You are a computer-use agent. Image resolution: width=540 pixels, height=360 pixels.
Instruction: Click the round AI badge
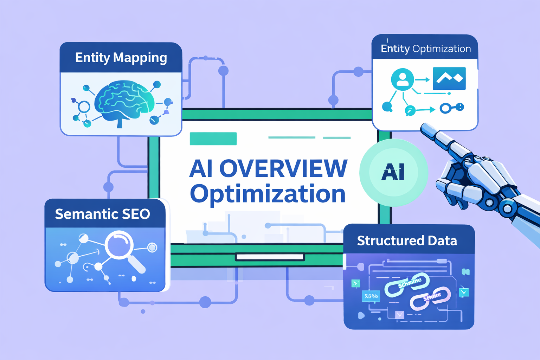393,172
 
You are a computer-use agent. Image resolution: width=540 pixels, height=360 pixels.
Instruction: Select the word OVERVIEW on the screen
283,169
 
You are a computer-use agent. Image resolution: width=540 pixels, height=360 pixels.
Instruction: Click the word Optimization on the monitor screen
268,194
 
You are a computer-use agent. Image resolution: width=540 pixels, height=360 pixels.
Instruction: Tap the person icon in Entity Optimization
402,79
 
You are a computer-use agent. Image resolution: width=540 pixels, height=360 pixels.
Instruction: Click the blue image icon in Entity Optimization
449,78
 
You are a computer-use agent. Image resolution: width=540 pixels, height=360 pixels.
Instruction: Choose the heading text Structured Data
407,241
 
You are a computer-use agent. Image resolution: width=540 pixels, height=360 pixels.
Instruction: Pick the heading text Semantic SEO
102,214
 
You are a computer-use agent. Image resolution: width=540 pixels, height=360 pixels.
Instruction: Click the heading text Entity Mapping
121,58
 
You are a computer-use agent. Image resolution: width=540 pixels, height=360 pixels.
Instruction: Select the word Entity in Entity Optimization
395,49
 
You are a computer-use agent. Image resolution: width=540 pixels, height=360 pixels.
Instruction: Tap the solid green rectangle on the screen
213,139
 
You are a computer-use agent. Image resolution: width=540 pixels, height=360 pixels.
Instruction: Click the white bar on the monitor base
270,257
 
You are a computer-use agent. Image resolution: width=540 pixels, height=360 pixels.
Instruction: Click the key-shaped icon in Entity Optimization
452,108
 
